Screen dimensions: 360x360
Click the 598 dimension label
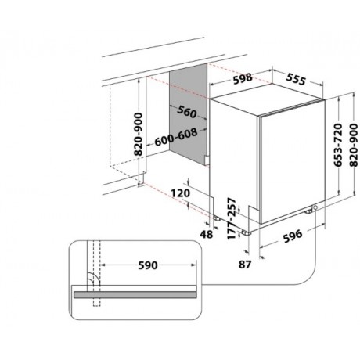[x=243, y=79]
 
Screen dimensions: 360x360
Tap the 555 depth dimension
[x=296, y=79]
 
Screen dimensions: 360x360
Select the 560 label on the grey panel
[x=186, y=112]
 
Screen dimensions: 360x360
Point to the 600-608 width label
[x=176, y=137]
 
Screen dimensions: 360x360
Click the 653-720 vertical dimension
[x=338, y=145]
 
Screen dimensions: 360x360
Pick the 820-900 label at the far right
[x=354, y=145]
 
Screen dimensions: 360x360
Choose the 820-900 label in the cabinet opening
[x=139, y=134]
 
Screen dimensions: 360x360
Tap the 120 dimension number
[x=180, y=193]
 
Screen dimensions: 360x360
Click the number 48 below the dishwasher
[x=207, y=235]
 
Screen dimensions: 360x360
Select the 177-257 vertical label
[x=232, y=218]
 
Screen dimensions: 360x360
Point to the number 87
[x=245, y=265]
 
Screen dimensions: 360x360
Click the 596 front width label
[x=293, y=236]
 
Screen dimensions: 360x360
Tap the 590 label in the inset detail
[x=148, y=265]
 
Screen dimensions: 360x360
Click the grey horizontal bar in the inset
[x=135, y=295]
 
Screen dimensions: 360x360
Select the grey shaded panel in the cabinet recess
[x=189, y=114]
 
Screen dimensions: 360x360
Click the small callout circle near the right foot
[x=315, y=207]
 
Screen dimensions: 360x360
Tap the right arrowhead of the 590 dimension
[x=193, y=265]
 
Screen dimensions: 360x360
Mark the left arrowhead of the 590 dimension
[x=103, y=265]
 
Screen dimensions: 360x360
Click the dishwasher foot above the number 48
[x=217, y=218]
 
